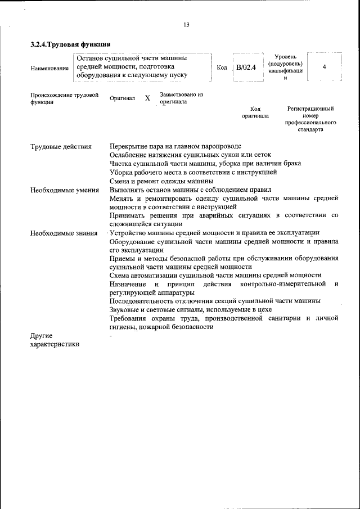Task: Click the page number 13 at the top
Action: click(187, 24)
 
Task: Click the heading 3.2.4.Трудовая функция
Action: click(70, 44)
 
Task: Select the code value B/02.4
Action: click(246, 67)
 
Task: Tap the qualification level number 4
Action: click(325, 67)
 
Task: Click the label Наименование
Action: click(49, 68)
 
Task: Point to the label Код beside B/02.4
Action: click(222, 67)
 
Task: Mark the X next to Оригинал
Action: click(147, 98)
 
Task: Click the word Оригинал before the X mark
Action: click(122, 98)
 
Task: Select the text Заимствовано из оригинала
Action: click(181, 98)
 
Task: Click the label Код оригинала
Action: click(255, 112)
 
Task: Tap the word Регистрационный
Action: click(310, 108)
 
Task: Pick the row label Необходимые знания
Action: click(64, 233)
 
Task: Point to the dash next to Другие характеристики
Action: click(111, 336)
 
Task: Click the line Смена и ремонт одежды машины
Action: click(161, 181)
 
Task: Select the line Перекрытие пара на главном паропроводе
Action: click(175, 146)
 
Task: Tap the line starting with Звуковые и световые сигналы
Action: click(191, 310)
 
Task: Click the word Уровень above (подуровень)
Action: click(285, 57)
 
